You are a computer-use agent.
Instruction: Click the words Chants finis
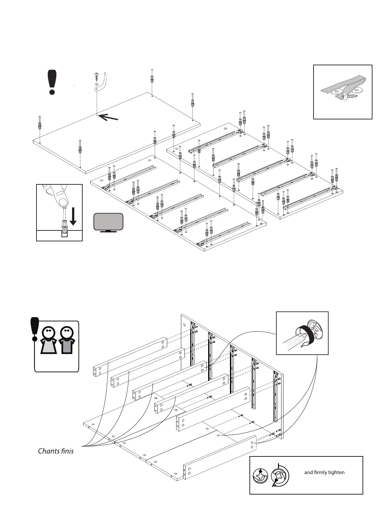click(x=56, y=451)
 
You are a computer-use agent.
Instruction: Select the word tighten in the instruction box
click(x=336, y=472)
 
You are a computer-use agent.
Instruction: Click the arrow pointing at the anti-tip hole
click(x=108, y=117)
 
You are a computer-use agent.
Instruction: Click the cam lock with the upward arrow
click(x=260, y=476)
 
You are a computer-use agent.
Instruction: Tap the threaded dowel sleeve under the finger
click(x=65, y=229)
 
